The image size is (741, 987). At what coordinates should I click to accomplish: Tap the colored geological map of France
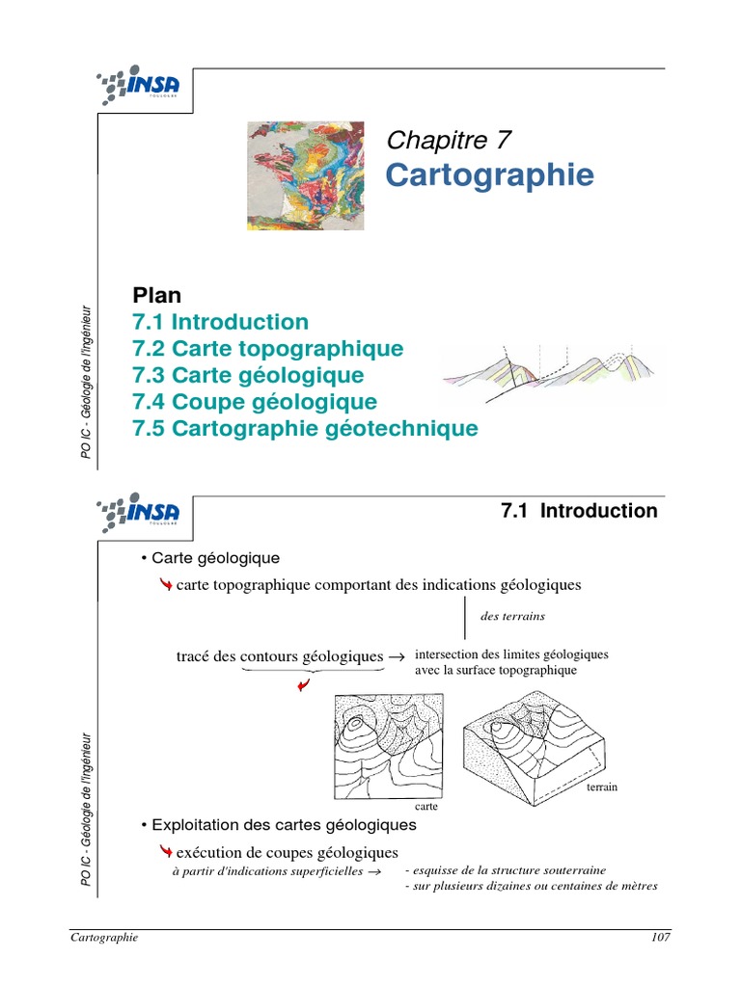pyautogui.click(x=306, y=175)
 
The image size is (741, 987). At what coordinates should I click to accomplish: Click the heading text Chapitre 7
pyautogui.click(x=449, y=140)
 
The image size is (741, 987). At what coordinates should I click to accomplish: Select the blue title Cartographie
pyautogui.click(x=490, y=176)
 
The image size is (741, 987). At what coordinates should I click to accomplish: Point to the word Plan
pyautogui.click(x=157, y=295)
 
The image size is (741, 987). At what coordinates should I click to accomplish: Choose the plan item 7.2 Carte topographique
pyautogui.click(x=267, y=348)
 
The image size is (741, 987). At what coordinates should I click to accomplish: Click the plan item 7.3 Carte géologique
pyautogui.click(x=248, y=375)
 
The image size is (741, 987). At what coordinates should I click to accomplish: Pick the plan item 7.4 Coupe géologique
pyautogui.click(x=255, y=402)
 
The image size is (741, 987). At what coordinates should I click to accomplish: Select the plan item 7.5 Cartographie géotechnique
pyautogui.click(x=305, y=429)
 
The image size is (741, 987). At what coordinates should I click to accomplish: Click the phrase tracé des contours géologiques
pyautogui.click(x=280, y=656)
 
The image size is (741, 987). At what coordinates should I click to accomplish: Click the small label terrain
pyautogui.click(x=600, y=787)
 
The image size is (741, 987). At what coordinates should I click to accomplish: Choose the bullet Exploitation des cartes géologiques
pyautogui.click(x=278, y=825)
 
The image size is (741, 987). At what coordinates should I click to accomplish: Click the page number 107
pyautogui.click(x=660, y=938)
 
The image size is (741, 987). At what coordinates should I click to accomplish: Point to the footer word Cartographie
pyautogui.click(x=105, y=938)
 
